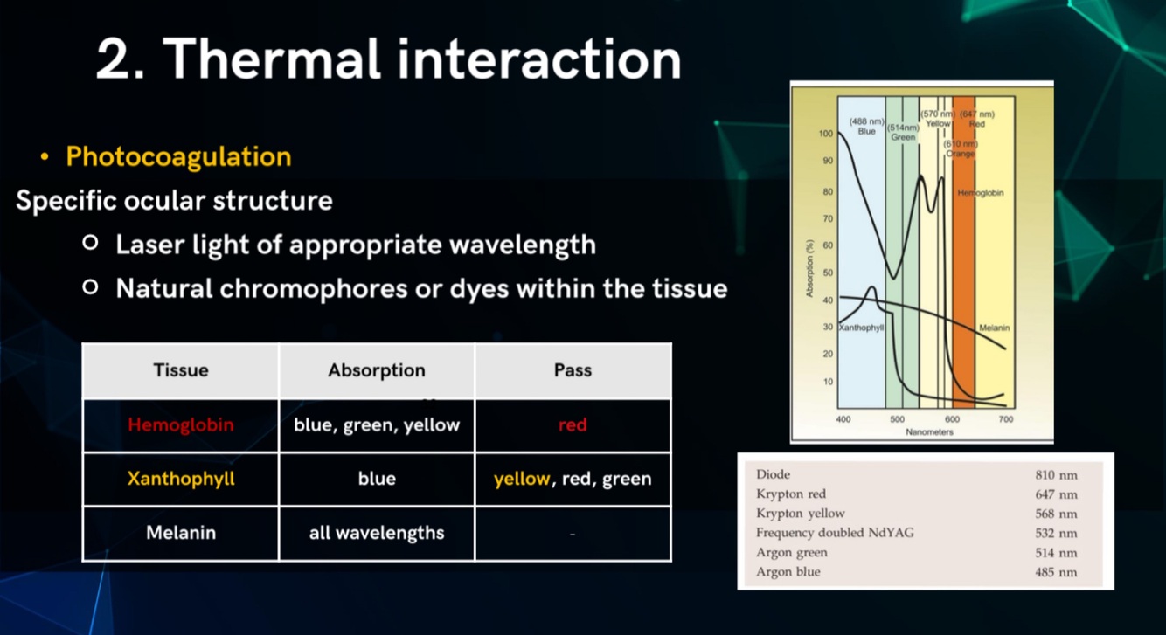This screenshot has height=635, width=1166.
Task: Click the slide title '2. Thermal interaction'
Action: [388, 59]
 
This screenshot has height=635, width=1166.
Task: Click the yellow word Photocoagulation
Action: [178, 157]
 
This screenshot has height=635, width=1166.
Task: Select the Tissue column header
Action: [181, 370]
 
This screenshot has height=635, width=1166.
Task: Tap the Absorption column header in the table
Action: [377, 370]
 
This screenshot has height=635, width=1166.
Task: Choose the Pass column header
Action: [573, 370]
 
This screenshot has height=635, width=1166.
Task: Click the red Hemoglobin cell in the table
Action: [181, 425]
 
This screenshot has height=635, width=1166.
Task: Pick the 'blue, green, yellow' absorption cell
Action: [377, 425]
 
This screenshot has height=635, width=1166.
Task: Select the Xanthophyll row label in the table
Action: [181, 479]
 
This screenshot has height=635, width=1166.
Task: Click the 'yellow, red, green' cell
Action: [573, 479]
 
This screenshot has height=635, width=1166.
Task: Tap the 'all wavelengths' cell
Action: [377, 532]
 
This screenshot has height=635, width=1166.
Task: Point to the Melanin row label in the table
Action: [181, 532]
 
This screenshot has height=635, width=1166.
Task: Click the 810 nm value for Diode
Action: [1056, 474]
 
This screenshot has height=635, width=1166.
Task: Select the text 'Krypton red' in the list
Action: [791, 494]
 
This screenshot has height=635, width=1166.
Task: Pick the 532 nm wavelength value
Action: [1056, 533]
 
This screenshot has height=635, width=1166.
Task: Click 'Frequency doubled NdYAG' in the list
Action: [835, 533]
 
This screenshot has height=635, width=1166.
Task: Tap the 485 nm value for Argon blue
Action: [1056, 572]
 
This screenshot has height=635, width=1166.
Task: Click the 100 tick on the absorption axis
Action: [825, 134]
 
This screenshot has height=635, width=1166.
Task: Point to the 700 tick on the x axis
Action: [1006, 419]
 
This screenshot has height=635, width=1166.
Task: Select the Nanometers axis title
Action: [929, 431]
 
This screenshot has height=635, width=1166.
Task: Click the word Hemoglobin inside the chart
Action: [981, 192]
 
